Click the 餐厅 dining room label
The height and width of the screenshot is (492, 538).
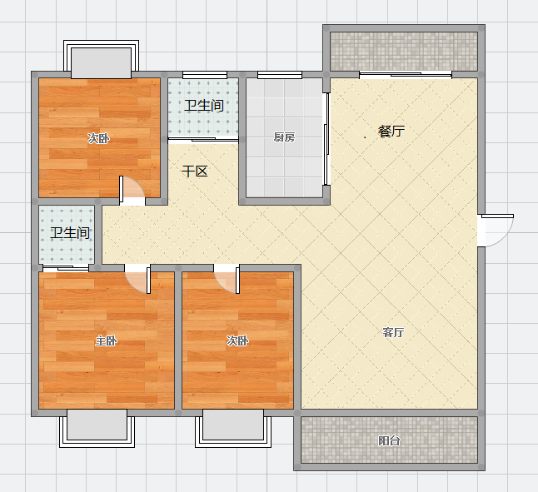[x=391, y=131]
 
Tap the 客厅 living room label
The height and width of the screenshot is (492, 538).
[x=393, y=332]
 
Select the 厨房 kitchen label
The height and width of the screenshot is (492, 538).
[x=284, y=137]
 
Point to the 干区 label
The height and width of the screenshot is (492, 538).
[x=195, y=171]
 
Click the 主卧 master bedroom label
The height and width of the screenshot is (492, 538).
[x=106, y=340]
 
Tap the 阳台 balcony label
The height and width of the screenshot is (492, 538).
[x=389, y=440]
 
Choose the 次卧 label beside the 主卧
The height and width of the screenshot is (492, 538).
[x=237, y=340]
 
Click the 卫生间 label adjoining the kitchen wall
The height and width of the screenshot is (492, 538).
[x=204, y=105]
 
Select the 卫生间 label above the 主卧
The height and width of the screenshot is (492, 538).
[x=70, y=233]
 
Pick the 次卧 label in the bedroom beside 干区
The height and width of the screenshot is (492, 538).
[x=98, y=138]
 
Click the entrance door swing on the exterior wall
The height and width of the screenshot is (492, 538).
[x=496, y=230]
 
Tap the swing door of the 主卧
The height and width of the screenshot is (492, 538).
[x=137, y=279]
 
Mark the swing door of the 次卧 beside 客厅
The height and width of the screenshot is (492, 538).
[x=227, y=279]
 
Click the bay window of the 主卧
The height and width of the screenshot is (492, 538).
[x=97, y=428]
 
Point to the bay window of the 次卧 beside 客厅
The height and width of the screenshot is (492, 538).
[x=233, y=428]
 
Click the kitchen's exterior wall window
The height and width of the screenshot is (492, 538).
[x=280, y=75]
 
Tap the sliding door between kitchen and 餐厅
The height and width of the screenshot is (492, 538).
[x=326, y=139]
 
